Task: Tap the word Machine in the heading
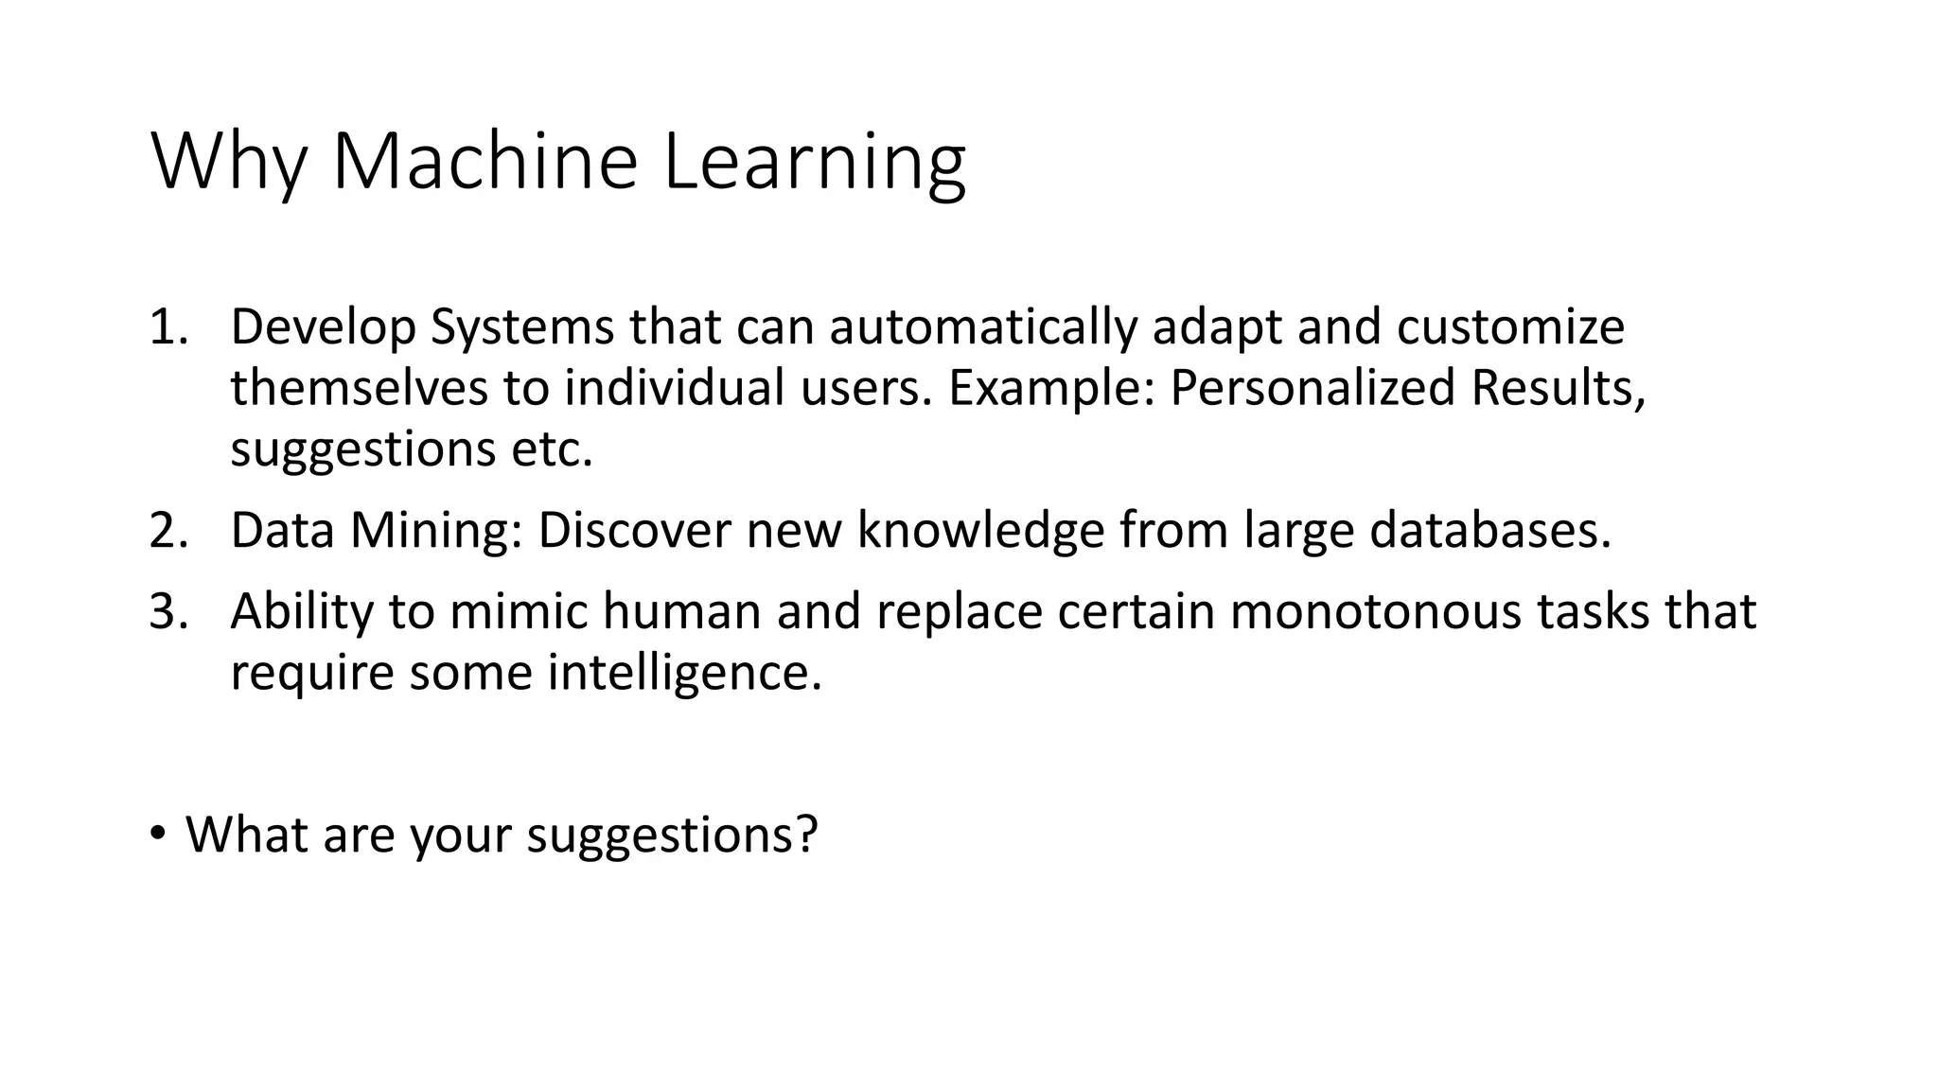(484, 163)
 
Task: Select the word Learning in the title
(814, 163)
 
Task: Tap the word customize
(1510, 327)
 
